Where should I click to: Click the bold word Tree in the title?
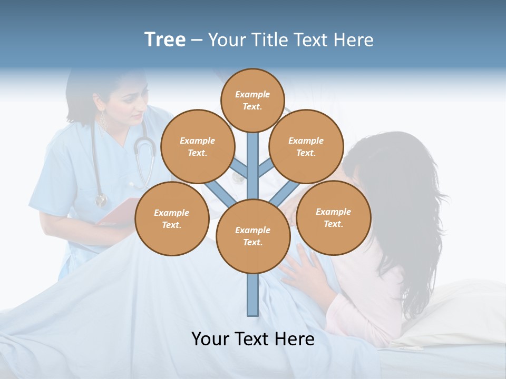[x=165, y=39]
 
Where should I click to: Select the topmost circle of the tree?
[x=252, y=100]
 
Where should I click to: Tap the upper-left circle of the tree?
[x=197, y=146]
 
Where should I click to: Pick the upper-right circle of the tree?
[x=306, y=146]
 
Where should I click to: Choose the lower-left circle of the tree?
[x=172, y=218]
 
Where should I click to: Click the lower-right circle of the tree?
[x=333, y=217]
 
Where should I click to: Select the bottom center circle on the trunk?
[x=253, y=236]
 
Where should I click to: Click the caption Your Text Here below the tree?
[x=253, y=339]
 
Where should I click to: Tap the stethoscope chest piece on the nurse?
[x=101, y=201]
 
